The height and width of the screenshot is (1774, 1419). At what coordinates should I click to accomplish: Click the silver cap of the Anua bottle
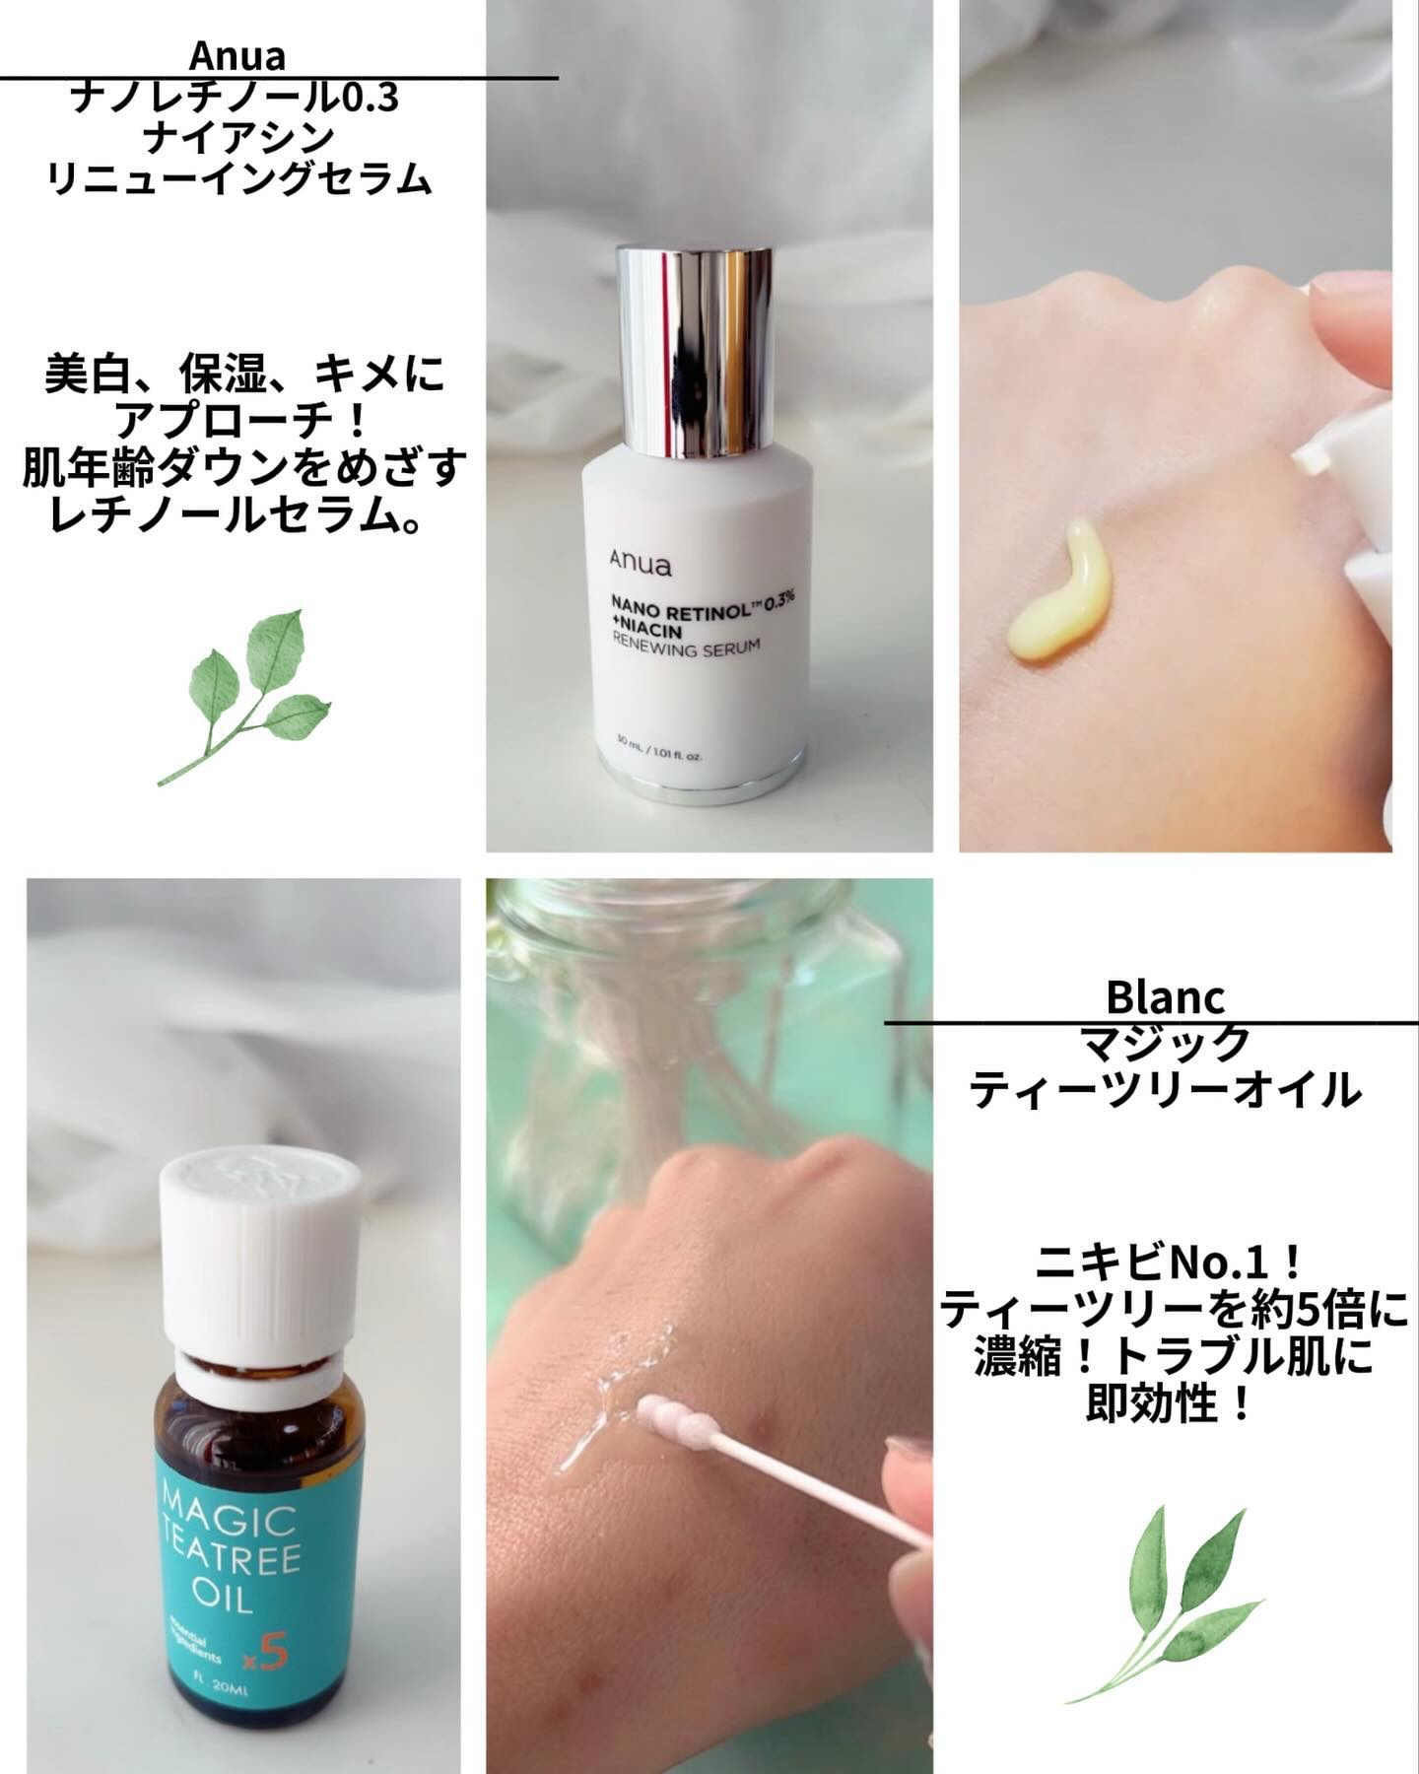pyautogui.click(x=695, y=351)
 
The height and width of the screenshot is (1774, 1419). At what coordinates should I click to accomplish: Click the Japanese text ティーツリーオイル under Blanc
pyautogui.click(x=1165, y=1090)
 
